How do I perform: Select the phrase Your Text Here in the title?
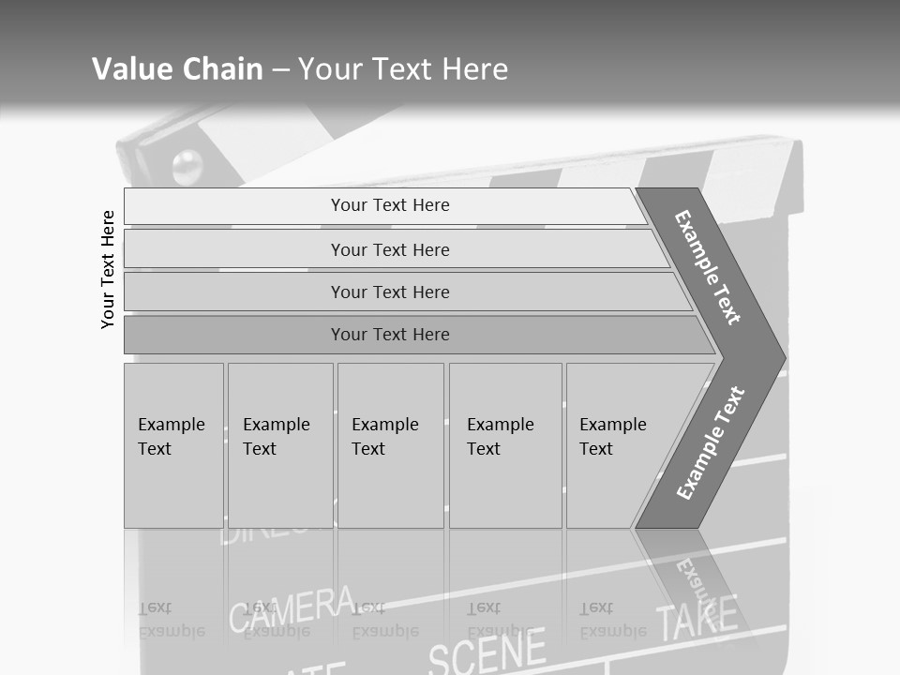403,69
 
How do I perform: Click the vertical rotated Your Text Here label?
108,269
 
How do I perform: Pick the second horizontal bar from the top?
390,249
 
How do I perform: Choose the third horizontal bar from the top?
390,292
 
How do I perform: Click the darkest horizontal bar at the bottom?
390,335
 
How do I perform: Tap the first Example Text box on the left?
173,445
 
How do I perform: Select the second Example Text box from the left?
280,445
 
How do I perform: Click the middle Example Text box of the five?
390,445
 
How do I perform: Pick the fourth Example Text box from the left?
505,445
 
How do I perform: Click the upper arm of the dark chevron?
708,267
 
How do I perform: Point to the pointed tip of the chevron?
780,358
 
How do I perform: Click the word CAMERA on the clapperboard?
292,608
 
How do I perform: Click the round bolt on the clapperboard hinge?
187,166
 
